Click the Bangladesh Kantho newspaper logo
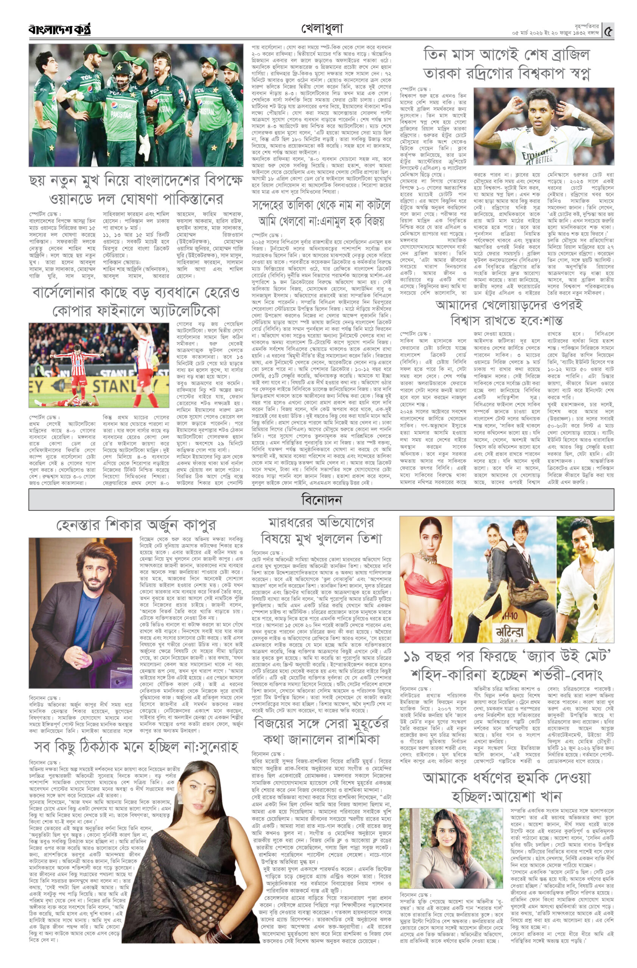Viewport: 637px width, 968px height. [x=59, y=29]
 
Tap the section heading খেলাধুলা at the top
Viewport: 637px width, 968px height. [x=322, y=29]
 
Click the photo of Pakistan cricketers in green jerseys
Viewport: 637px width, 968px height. [x=136, y=105]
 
